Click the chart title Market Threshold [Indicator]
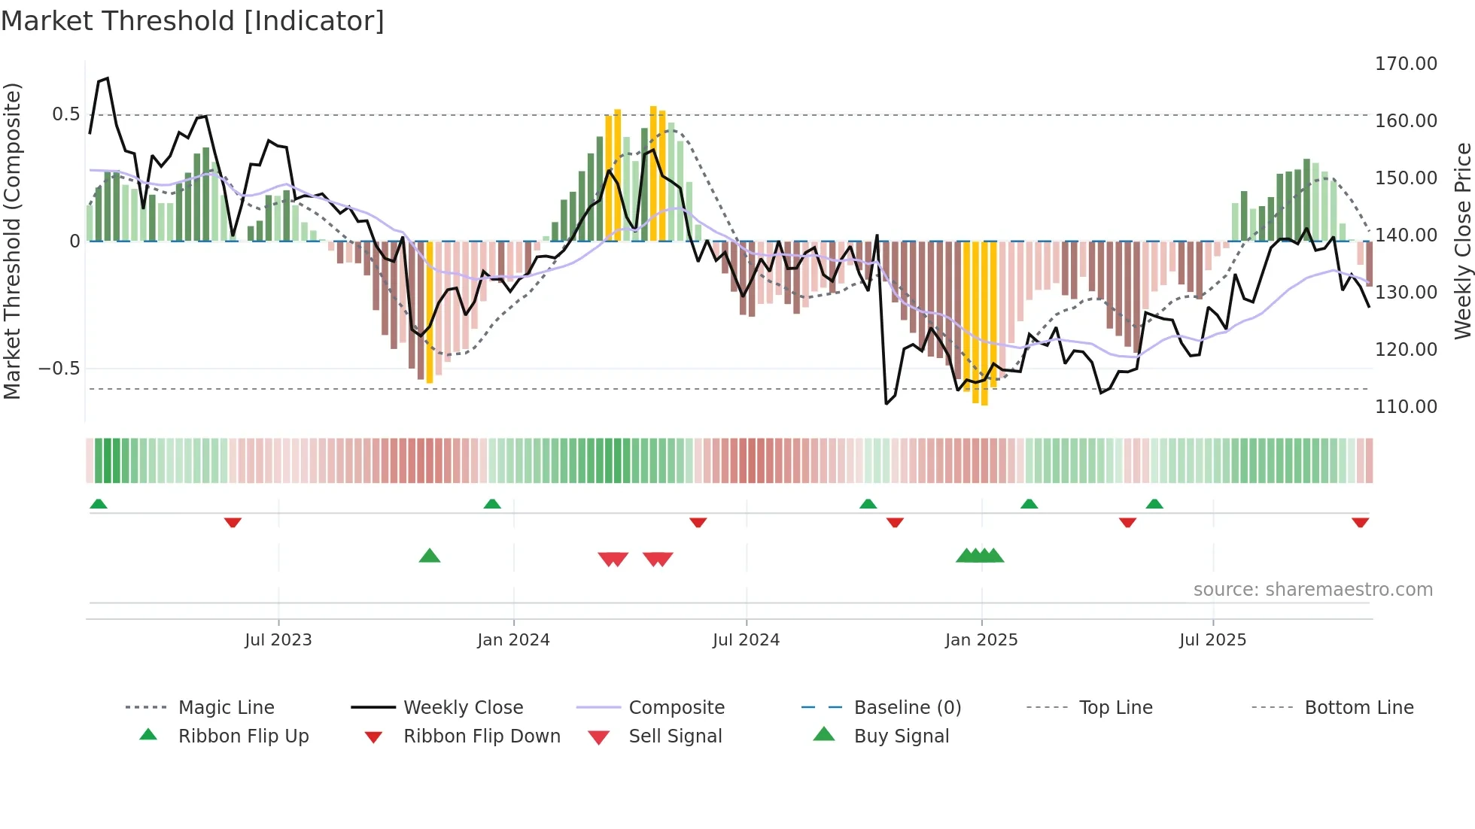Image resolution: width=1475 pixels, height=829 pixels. [x=193, y=21]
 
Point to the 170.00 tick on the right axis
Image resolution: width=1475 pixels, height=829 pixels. [x=1406, y=64]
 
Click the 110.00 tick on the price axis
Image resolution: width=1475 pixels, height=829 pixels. [x=1406, y=407]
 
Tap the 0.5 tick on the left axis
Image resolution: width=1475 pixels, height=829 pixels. [x=65, y=114]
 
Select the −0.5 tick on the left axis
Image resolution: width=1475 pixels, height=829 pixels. [x=59, y=369]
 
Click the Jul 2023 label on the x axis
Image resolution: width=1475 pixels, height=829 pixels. [x=278, y=640]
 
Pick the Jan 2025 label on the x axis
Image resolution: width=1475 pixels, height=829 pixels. [x=981, y=640]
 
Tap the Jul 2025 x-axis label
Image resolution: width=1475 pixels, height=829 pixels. [x=1212, y=640]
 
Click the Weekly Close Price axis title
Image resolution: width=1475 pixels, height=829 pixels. [x=1461, y=241]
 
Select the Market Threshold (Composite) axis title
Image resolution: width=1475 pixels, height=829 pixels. [x=12, y=241]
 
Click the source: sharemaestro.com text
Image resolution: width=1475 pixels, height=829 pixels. [x=1312, y=590]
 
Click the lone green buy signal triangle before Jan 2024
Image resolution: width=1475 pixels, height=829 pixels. [x=429, y=557]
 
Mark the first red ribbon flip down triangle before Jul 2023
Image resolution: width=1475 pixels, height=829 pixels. [x=233, y=522]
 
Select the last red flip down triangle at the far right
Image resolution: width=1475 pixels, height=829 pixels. [x=1360, y=522]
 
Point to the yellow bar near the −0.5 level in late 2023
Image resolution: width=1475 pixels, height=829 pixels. [x=430, y=316]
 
